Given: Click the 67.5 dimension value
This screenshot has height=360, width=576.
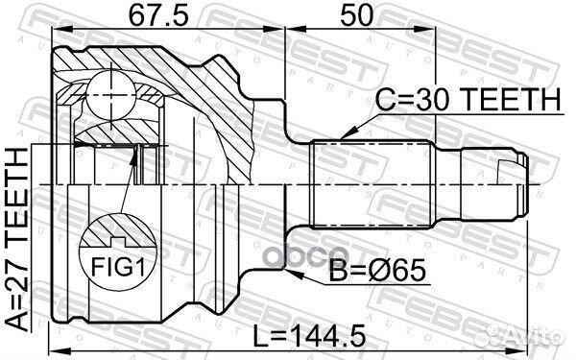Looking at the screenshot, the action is (x=158, y=16).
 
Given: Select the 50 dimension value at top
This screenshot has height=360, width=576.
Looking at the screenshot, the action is (x=356, y=16).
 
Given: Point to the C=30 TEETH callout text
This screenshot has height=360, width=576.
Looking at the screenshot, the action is (x=468, y=99).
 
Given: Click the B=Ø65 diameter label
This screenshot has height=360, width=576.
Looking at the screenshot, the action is (x=377, y=271).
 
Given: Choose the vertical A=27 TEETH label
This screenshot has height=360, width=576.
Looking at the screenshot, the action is (x=17, y=239).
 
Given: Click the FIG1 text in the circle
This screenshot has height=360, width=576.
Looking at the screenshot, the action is (x=118, y=266).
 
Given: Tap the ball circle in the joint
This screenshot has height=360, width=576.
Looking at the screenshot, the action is (x=110, y=95).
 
